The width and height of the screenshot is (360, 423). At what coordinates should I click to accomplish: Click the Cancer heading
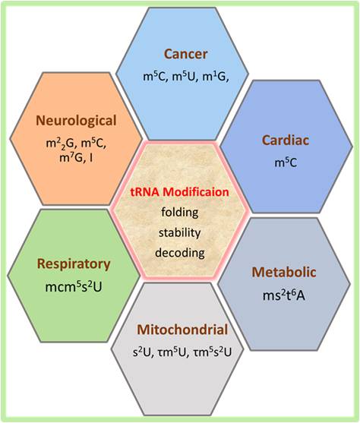(185, 54)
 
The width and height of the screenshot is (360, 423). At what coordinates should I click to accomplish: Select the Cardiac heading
(286, 140)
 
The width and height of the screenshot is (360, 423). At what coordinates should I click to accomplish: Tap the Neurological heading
(76, 121)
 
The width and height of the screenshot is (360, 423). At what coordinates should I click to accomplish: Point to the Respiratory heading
(74, 264)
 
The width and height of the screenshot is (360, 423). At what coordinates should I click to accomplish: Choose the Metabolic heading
(284, 272)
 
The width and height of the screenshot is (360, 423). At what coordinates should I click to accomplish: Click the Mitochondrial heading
(182, 330)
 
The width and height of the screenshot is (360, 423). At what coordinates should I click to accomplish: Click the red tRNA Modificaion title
(180, 192)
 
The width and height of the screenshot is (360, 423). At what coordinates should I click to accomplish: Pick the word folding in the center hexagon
(180, 213)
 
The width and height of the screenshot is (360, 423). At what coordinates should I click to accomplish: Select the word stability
(180, 232)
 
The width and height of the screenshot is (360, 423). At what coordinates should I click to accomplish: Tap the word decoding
(180, 253)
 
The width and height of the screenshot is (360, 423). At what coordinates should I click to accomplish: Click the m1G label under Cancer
(216, 77)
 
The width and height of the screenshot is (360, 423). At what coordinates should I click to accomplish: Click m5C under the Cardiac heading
(286, 163)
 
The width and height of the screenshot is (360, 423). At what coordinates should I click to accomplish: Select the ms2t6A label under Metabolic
(284, 295)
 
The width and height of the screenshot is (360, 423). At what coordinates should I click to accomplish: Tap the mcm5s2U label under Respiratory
(74, 287)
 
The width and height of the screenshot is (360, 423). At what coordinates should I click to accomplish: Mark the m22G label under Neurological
(61, 144)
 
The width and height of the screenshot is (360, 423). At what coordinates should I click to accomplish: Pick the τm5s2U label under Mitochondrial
(213, 352)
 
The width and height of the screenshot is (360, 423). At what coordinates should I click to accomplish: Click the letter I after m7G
(91, 157)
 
